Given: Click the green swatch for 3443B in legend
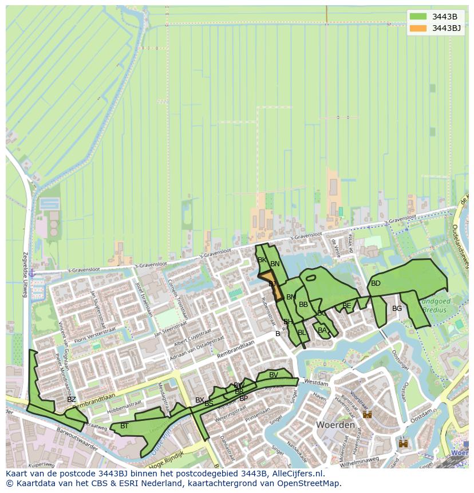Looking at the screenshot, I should pos(418,16).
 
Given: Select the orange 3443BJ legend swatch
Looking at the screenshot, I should pos(418,28).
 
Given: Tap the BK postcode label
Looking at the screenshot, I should pos(262,260).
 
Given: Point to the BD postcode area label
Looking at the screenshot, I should pos(376,283).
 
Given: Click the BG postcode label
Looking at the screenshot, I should pos(397,309).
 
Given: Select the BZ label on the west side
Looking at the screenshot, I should pos(71,400).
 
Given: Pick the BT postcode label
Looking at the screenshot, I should pos(124,426).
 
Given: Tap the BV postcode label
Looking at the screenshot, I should pos(274,375).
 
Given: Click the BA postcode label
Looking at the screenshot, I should pos(322,330).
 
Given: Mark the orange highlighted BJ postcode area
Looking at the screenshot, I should pos(271,285).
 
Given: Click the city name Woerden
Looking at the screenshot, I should pos(335,425).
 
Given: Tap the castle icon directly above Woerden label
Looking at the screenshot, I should pos(367,414).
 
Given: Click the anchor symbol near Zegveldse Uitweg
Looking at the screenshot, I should pos(32,273).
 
